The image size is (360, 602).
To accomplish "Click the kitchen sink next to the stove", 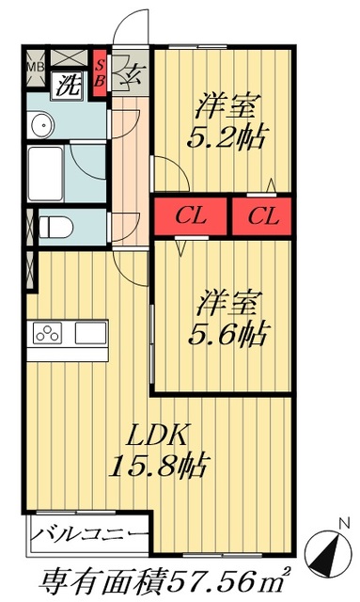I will [92, 333].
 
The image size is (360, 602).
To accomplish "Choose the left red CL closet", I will [192, 216].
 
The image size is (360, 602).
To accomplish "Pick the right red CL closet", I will [263, 216].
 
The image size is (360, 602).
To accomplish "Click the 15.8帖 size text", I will [161, 465].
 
